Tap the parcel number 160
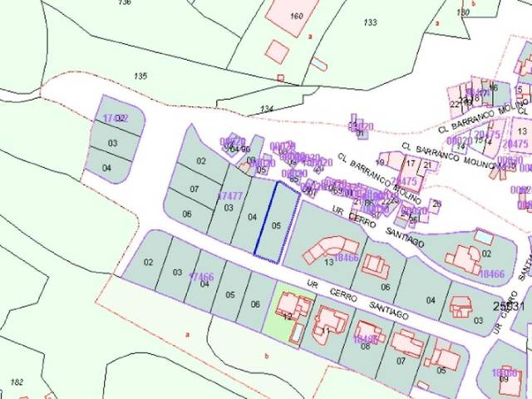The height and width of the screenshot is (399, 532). click(297, 16)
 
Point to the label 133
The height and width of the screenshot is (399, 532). click(370, 22)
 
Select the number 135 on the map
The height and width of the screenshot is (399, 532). click(140, 76)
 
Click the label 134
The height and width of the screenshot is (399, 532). click(266, 109)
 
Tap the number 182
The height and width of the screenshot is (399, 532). click(17, 382)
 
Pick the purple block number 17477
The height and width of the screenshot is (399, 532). click(229, 196)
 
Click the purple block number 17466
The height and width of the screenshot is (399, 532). click(201, 277)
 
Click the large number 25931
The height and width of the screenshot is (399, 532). click(508, 306)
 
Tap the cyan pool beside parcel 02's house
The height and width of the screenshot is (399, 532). click(483, 237)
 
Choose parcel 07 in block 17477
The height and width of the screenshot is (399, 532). click(195, 190)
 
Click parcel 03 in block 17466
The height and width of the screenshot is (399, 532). click(177, 272)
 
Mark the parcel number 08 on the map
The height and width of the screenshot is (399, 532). click(365, 347)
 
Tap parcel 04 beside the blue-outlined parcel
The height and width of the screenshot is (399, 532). click(252, 217)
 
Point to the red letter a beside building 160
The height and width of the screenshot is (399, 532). click(309, 37)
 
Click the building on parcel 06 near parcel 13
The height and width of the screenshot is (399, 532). click(376, 267)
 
